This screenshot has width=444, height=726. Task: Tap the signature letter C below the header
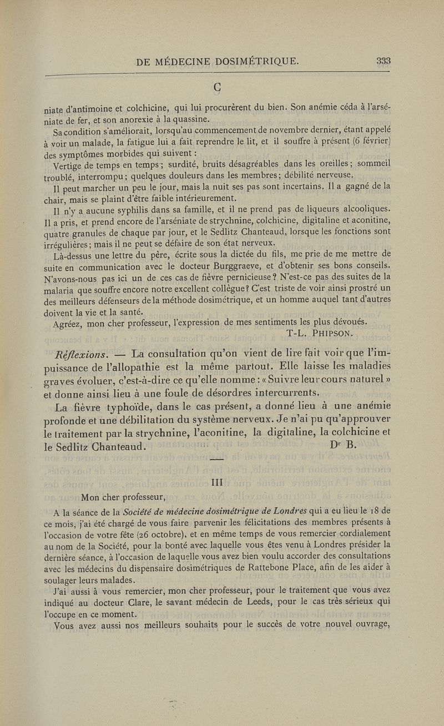[x=222, y=86]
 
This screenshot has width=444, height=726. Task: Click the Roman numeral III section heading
[x=222, y=482]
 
